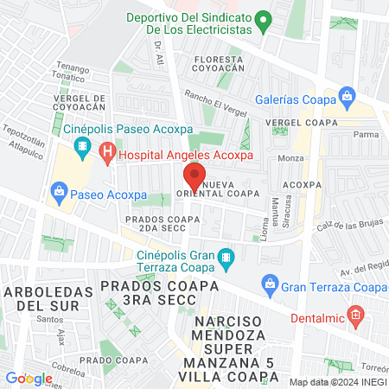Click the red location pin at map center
(194, 176)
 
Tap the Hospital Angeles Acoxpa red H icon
(107, 156)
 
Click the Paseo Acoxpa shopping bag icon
(60, 190)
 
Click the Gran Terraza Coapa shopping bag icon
(270, 284)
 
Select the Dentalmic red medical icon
(354, 317)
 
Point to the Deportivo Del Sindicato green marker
(266, 17)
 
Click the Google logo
(29, 378)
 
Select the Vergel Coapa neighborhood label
(302, 123)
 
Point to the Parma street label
(367, 135)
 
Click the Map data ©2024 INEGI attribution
(338, 381)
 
